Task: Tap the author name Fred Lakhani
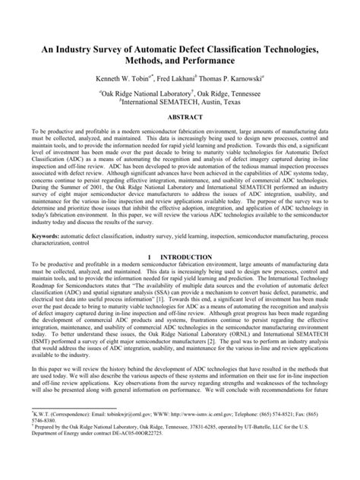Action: pyautogui.click(x=172, y=78)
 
